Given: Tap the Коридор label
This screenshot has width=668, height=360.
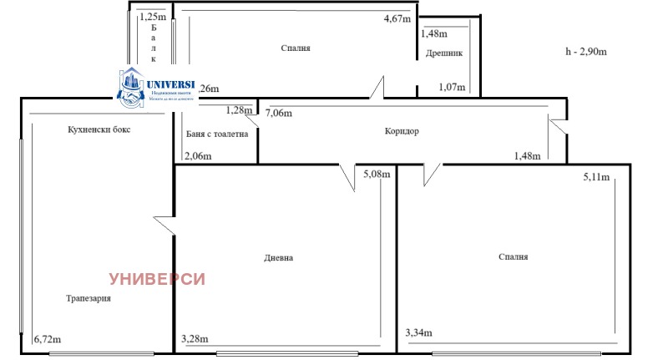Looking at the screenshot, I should [x=402, y=131].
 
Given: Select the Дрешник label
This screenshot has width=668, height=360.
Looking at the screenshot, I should [x=443, y=53].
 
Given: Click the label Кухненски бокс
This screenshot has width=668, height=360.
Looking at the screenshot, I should [x=99, y=130].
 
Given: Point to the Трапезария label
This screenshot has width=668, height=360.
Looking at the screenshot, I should [x=89, y=298].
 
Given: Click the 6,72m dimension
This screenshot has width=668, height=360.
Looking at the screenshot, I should [x=48, y=339].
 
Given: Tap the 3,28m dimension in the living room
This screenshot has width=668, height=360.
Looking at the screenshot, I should [x=196, y=338].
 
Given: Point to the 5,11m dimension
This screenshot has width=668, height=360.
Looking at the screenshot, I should [x=596, y=177].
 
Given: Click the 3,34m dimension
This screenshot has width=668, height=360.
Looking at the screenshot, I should [x=418, y=333].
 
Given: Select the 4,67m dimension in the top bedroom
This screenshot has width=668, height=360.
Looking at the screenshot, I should [x=397, y=18].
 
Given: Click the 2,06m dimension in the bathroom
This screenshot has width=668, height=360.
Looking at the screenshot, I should [x=197, y=155].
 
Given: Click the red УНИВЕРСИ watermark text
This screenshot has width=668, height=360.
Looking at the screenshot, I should [x=158, y=279].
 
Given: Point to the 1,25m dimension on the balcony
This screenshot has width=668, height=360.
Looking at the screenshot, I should [x=152, y=16].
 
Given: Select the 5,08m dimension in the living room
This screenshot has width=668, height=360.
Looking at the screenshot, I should [x=377, y=175].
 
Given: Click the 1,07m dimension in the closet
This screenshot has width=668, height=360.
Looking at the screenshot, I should [x=452, y=87].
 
